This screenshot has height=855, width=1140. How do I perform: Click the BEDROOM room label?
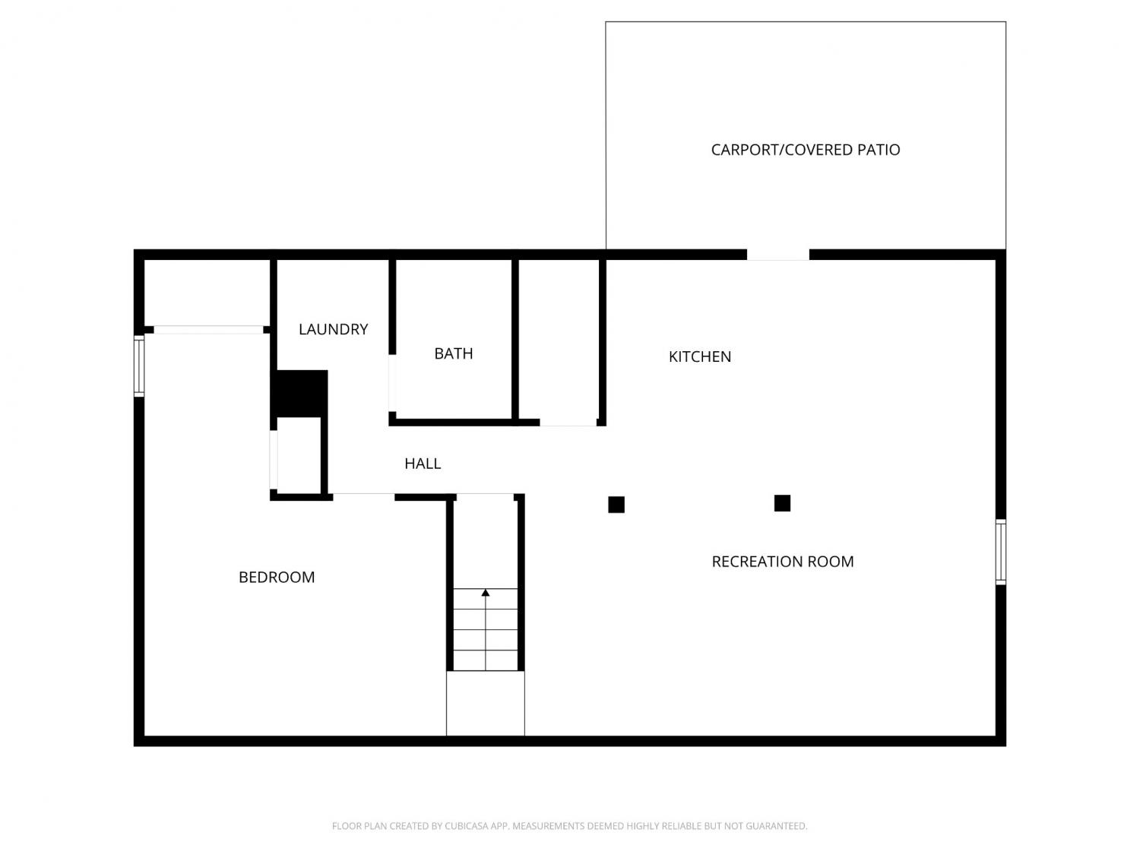click(277, 578)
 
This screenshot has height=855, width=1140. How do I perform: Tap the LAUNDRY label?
click(333, 329)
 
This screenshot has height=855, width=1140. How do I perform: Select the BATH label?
click(454, 353)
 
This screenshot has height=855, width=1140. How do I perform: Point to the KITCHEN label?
click(700, 356)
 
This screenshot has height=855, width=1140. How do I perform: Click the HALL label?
click(423, 464)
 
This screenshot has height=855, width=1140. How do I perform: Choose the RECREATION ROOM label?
click(782, 562)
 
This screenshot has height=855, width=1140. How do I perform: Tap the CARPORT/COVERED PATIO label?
click(805, 150)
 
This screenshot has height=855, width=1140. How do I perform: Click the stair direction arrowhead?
click(485, 592)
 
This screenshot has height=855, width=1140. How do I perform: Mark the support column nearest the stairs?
click(616, 505)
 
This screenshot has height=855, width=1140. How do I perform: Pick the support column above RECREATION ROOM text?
click(781, 503)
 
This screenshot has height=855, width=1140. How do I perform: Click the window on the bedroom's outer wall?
click(139, 366)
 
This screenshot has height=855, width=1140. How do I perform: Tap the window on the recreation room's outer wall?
click(1000, 552)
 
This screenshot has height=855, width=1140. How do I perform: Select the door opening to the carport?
click(777, 255)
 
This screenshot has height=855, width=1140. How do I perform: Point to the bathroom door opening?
click(392, 384)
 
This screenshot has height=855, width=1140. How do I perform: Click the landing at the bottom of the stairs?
click(485, 704)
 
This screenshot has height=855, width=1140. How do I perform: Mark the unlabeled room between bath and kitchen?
click(559, 340)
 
